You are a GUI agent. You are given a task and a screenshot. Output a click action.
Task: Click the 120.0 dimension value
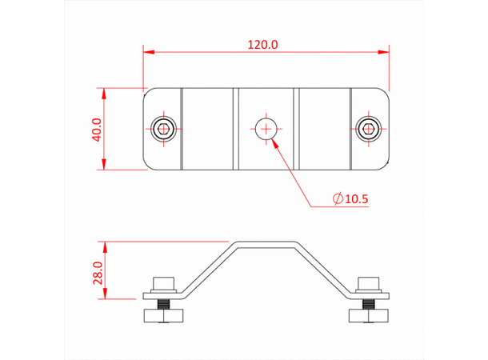(262, 46)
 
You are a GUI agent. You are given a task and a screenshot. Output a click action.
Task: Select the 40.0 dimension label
(97, 130)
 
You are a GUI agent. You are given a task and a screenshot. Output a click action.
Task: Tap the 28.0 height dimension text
(97, 273)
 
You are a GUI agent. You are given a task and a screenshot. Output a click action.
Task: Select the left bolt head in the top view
(164, 128)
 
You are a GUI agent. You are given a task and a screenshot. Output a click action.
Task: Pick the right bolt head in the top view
(368, 128)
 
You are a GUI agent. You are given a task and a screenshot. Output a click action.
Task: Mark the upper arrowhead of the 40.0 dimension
(104, 92)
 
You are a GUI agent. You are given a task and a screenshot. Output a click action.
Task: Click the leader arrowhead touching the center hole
(274, 142)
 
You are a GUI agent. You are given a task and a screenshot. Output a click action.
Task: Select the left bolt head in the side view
(164, 283)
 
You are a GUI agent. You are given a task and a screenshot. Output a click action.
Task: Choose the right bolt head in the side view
(368, 283)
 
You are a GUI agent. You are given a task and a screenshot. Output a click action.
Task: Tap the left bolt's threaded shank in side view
(164, 305)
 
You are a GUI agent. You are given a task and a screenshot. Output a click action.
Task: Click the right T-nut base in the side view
(368, 317)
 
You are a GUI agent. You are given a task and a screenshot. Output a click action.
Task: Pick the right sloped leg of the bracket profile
(322, 266)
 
